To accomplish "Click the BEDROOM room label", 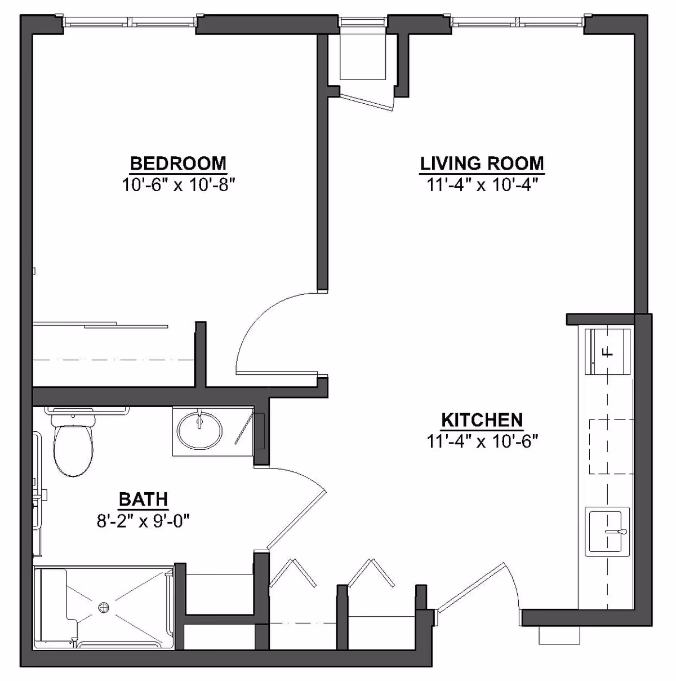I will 178,163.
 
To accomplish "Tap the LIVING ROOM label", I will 482,163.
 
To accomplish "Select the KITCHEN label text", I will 482,420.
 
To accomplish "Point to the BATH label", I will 143,499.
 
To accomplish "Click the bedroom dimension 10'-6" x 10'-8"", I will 178,184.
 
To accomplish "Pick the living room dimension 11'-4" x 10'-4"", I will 482,184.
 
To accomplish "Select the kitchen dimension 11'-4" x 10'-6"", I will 482,441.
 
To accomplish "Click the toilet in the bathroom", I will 73,445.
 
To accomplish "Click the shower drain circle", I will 104,607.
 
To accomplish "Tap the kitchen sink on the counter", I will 607,531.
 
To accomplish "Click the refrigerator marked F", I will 607,352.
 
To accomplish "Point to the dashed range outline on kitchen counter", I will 611,446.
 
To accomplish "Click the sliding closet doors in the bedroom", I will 101,325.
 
